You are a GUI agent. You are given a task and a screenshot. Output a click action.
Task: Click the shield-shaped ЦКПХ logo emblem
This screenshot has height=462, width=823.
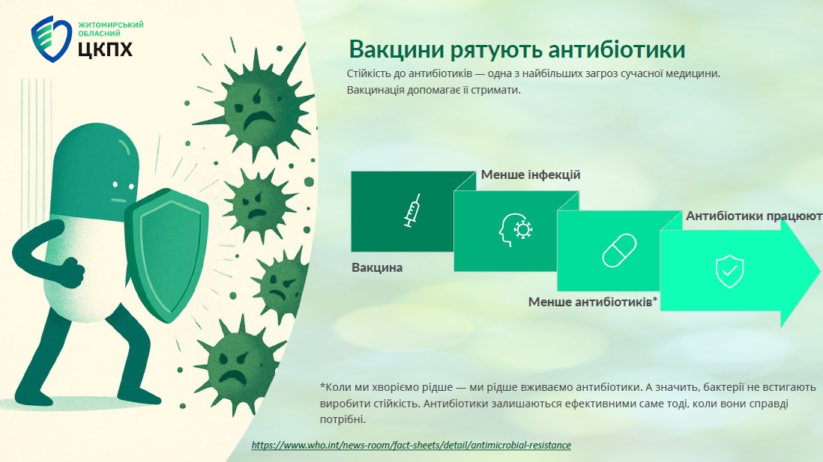(x=51, y=40)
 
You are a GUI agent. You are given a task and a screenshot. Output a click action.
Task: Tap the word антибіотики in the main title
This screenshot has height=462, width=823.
(x=617, y=49)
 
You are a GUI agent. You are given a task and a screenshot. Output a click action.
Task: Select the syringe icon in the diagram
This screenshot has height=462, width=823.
(x=413, y=210)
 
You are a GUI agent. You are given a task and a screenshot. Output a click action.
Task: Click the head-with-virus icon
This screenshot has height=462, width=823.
(x=516, y=230)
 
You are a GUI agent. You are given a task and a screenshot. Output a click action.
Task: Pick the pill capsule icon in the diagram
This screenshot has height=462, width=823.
(x=619, y=250)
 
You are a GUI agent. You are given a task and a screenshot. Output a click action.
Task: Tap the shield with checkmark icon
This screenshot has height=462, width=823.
(x=729, y=271)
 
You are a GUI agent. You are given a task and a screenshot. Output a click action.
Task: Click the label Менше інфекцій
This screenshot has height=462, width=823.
(x=531, y=174)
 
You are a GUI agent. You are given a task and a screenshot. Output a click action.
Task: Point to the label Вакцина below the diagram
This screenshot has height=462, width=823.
(x=377, y=267)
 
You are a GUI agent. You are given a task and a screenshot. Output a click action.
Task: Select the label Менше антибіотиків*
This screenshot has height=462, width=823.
(x=593, y=302)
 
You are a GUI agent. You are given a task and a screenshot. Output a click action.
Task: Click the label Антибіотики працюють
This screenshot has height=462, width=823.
(x=754, y=216)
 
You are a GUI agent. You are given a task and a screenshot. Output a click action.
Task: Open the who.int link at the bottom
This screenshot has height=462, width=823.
(x=411, y=446)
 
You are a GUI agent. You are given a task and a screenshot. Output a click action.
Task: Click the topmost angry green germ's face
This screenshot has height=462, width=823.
(x=256, y=109)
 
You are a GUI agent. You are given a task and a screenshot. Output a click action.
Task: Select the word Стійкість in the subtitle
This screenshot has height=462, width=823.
(x=368, y=73)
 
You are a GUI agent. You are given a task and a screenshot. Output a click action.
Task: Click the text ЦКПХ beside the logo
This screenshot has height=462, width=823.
(x=105, y=49)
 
